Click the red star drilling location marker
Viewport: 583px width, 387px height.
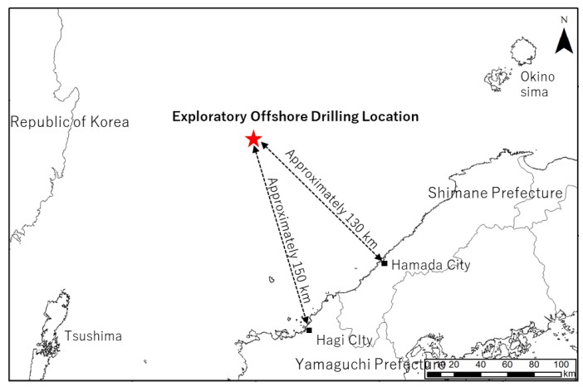click(x=253, y=140)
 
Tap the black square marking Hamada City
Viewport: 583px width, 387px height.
click(x=384, y=263)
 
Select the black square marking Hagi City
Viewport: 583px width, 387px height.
click(x=309, y=331)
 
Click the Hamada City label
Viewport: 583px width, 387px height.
click(x=430, y=265)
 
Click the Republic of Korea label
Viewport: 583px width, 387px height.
click(x=70, y=122)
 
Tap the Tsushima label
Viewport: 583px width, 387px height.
click(x=93, y=336)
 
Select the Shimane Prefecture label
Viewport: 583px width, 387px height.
click(x=495, y=193)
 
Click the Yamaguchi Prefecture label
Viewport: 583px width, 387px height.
click(x=370, y=364)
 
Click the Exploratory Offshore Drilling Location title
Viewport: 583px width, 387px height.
click(x=295, y=116)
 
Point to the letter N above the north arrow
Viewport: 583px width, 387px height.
click(x=564, y=18)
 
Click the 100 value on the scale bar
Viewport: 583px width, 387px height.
click(x=561, y=364)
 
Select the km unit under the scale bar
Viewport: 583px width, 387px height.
click(x=567, y=375)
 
